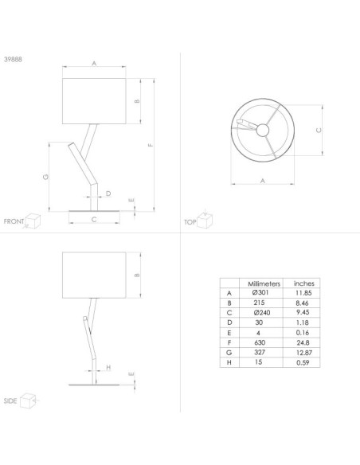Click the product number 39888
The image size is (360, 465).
pyautogui.click(x=13, y=59)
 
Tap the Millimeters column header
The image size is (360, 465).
pyautogui.click(x=264, y=283)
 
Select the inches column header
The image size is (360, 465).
pyautogui.click(x=304, y=283)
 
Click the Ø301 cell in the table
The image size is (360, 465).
pyautogui.click(x=260, y=293)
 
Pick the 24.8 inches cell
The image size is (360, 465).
pyautogui.click(x=303, y=343)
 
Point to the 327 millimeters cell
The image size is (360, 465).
pyautogui.click(x=260, y=352)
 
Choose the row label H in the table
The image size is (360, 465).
pyautogui.click(x=229, y=362)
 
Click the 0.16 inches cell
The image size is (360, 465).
pyautogui.click(x=303, y=333)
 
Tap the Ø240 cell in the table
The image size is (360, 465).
pyautogui.click(x=262, y=313)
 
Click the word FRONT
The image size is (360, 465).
pyautogui.click(x=14, y=221)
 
